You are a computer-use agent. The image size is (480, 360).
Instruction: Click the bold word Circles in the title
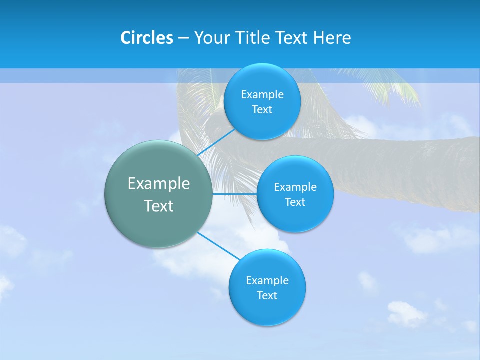click(x=146, y=38)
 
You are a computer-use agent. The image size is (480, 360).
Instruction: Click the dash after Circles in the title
click(x=183, y=38)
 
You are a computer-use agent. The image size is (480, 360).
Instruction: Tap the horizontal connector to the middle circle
click(x=234, y=194)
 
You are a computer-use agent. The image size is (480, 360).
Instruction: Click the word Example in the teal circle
click(x=159, y=183)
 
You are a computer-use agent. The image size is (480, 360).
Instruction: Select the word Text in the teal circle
click(x=159, y=206)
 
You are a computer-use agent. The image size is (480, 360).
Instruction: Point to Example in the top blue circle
click(x=262, y=95)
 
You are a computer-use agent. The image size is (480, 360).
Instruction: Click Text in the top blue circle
click(x=262, y=110)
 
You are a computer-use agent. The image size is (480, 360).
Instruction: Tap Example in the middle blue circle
click(x=295, y=187)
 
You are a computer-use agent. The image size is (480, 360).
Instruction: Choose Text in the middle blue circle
click(x=295, y=202)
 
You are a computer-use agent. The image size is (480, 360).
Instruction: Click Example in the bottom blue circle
click(x=267, y=281)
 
